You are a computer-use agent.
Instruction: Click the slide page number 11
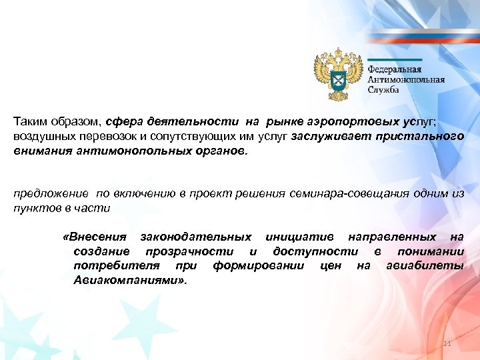click(x=447, y=344)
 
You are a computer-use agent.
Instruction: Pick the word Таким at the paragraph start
click(x=29, y=123)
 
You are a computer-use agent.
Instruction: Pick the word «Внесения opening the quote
click(x=93, y=237)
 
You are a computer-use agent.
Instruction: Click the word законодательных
click(x=195, y=237)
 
